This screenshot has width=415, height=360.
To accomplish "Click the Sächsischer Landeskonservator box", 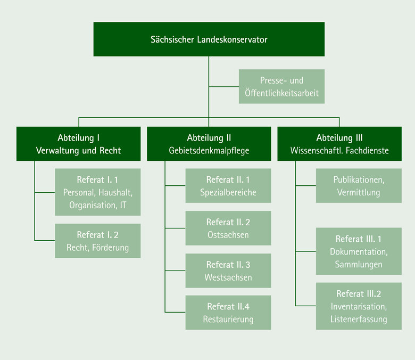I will [209, 39].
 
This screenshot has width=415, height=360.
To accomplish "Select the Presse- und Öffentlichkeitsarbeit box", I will [281, 86].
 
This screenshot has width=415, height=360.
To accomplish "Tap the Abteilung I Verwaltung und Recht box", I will [78, 144].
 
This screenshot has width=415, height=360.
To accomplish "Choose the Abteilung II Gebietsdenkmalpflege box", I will [209, 144].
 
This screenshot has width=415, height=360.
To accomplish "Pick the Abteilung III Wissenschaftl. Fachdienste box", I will [339, 144].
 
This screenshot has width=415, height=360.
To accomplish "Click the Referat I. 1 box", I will [98, 192].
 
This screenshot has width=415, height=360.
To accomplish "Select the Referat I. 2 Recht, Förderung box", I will [98, 241].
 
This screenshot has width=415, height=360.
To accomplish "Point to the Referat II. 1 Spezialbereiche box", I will [228, 186].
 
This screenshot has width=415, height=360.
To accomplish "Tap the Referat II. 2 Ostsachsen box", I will [228, 228].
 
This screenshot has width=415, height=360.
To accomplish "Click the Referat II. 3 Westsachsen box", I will [228, 271].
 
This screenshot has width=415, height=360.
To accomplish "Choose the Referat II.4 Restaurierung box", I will [228, 313].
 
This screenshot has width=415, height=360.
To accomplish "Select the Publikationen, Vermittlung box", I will [359, 186].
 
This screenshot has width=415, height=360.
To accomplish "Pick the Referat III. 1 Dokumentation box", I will [359, 251].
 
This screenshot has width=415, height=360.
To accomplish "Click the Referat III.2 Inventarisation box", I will [359, 306].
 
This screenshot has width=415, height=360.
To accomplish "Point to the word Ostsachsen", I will [228, 235].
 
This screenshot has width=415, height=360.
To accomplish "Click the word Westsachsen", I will [228, 277].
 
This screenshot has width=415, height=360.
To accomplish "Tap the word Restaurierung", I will [228, 320].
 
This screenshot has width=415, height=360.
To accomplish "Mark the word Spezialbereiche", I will [228, 193].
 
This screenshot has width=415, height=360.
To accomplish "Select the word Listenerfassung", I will [359, 320].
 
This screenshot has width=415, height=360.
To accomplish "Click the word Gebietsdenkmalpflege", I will [209, 151].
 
